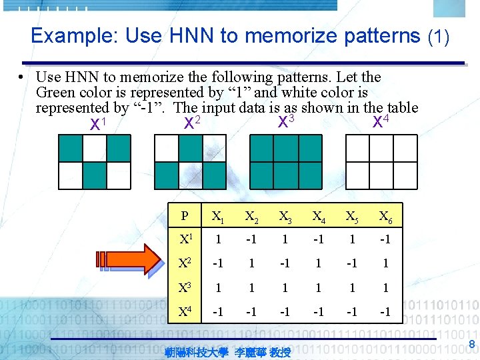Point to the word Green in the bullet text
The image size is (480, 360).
(56, 92)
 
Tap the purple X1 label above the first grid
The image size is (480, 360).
(98, 124)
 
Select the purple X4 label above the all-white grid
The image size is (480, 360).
(381, 121)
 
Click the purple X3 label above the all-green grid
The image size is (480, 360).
(286, 121)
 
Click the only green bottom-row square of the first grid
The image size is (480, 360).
(95, 175)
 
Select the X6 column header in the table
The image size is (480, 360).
(385, 215)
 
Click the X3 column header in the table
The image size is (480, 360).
(285, 215)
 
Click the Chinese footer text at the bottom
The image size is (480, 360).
(227, 351)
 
